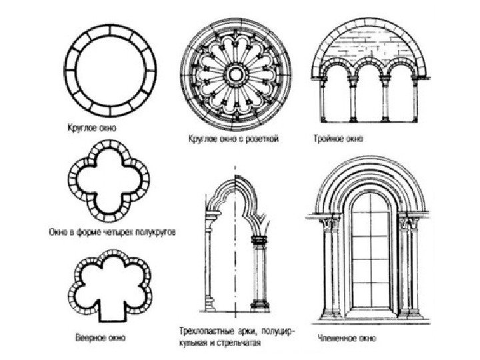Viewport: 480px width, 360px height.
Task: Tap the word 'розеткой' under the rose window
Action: [x=261, y=141]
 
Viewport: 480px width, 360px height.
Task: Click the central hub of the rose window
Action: [x=237, y=71]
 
